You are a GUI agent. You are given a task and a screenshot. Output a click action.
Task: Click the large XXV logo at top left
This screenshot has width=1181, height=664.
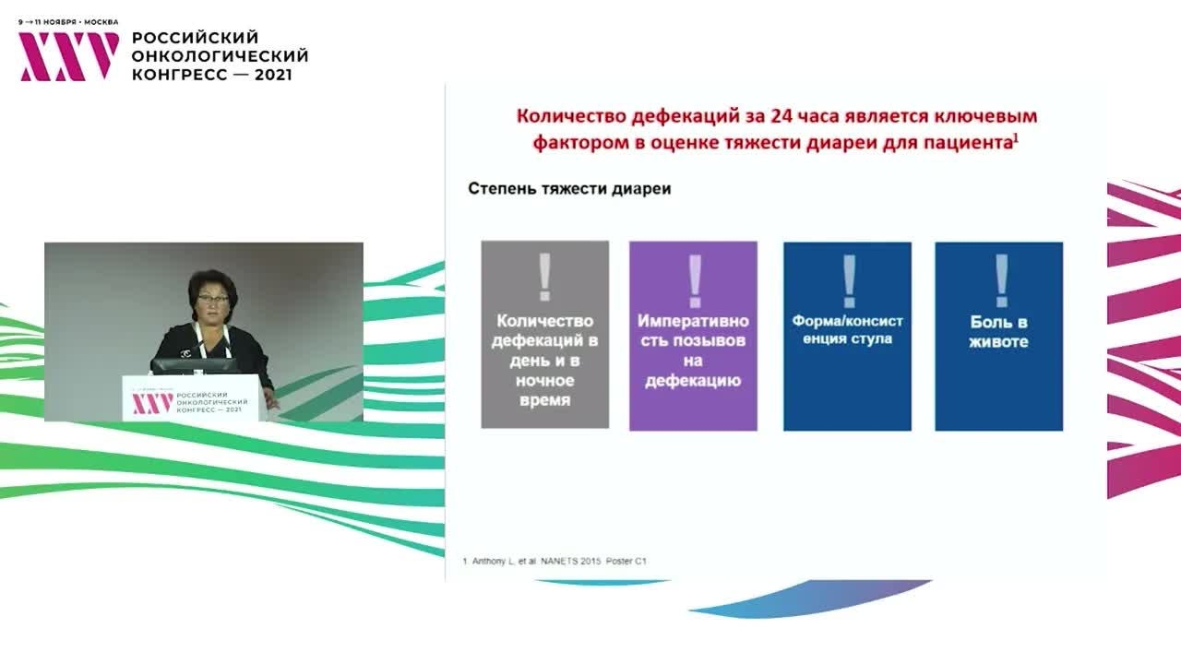(69, 56)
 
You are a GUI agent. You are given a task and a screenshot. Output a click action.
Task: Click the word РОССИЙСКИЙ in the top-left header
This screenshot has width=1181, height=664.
(196, 38)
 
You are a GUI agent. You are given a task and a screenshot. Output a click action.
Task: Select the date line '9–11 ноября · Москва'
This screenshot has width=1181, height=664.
(68, 21)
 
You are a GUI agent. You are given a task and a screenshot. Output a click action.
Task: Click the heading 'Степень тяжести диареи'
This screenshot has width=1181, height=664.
(569, 188)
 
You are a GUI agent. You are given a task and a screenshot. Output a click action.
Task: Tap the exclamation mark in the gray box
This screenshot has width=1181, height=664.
(544, 278)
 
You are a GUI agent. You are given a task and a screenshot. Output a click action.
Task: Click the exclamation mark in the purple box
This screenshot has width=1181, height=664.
(694, 280)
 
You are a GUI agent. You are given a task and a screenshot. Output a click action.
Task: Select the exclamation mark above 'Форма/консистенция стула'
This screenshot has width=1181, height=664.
(848, 280)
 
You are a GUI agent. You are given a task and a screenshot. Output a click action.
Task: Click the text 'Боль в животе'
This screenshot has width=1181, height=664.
(998, 332)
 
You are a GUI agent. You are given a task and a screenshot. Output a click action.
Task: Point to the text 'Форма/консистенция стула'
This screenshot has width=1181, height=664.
(847, 330)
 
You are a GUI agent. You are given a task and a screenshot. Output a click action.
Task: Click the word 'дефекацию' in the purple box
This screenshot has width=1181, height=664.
(693, 380)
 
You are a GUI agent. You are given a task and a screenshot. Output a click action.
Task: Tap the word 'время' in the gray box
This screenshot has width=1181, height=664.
(544, 400)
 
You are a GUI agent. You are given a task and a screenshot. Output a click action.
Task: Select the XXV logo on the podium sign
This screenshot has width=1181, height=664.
(151, 404)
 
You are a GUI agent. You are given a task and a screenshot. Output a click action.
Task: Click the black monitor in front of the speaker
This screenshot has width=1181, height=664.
(195, 365)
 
